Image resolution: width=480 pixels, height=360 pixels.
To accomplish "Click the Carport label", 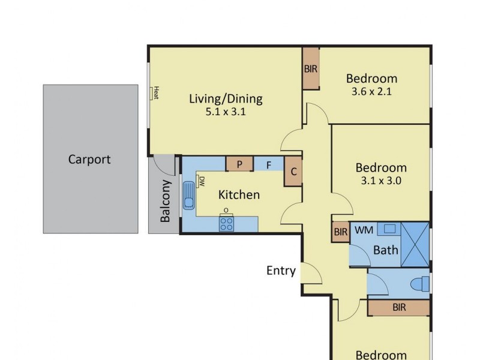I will click(x=89, y=160).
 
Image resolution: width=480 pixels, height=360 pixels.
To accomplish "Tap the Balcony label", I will click(x=166, y=202).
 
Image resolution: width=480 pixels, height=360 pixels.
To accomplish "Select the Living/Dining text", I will click(x=226, y=99).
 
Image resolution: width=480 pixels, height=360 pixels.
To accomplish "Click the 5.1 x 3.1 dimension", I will click(x=226, y=112).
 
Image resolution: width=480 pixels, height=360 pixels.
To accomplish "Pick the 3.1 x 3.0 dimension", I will click(x=381, y=181).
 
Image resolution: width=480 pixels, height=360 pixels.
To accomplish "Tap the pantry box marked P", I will click(x=239, y=164).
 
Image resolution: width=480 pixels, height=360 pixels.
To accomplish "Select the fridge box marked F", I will click(x=269, y=164).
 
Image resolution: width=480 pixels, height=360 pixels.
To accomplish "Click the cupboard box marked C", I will click(x=293, y=171).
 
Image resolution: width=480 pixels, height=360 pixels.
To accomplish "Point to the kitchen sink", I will click(x=189, y=194).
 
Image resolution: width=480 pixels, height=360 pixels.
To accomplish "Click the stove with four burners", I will click(x=226, y=224).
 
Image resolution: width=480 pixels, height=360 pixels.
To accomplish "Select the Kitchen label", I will click(x=239, y=194).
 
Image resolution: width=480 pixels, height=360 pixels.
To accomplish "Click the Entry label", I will click(x=281, y=271).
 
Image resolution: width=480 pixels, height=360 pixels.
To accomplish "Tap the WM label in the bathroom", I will click(x=363, y=230).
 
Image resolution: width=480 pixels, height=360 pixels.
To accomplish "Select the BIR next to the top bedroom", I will click(x=310, y=68).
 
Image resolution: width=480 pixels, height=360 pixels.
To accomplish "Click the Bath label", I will click(x=385, y=250).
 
